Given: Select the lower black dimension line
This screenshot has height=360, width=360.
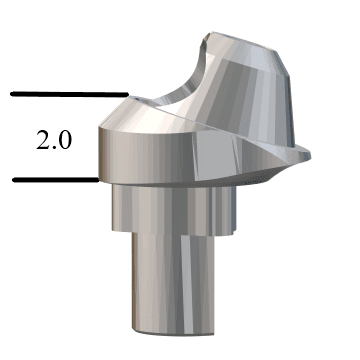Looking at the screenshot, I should point(55,180).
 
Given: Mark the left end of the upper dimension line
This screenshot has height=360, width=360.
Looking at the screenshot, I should point(12,95).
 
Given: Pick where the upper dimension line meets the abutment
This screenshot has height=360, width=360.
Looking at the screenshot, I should point(126,96).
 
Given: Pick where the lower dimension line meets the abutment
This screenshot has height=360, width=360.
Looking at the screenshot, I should point(98,180).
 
